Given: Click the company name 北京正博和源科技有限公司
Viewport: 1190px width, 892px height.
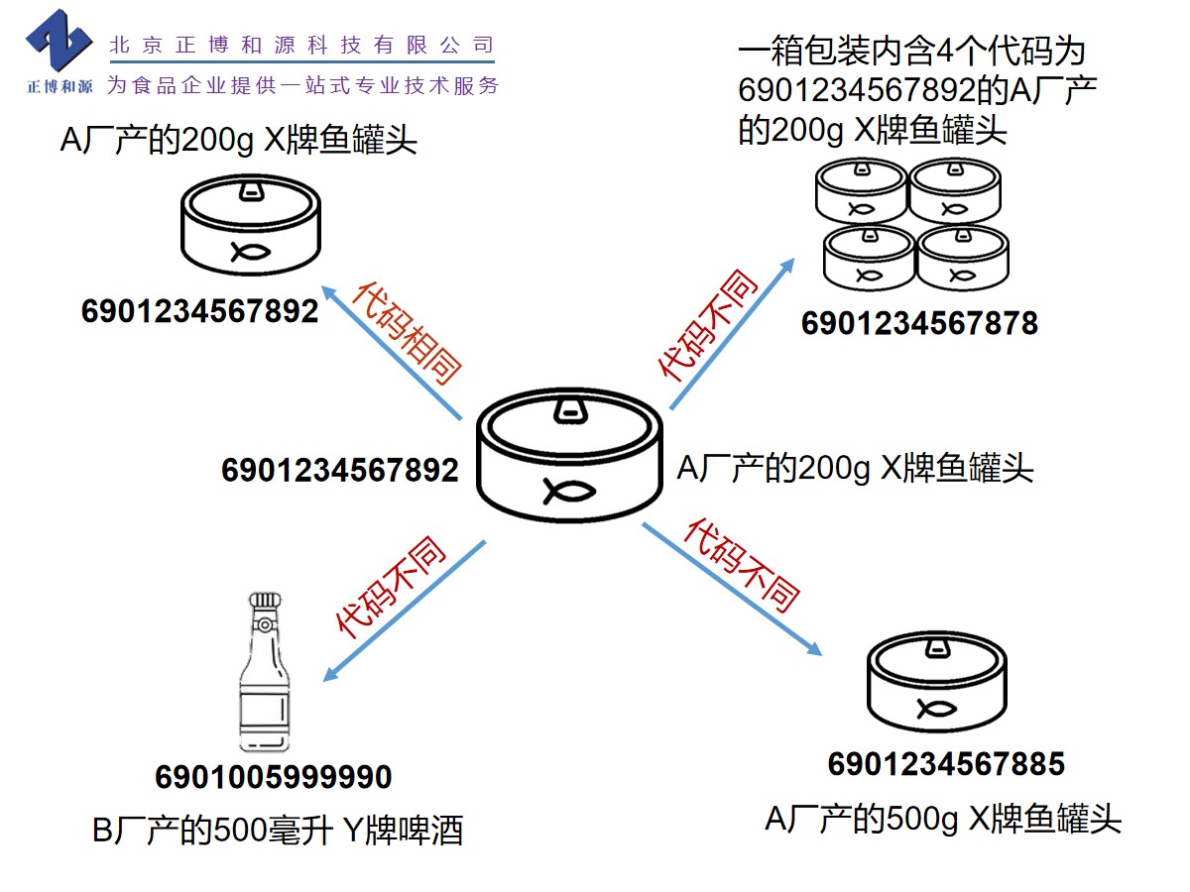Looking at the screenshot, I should point(301,45).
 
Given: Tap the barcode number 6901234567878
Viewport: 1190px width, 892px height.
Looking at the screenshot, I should point(919,323).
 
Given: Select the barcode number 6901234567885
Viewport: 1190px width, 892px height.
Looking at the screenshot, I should point(946,764).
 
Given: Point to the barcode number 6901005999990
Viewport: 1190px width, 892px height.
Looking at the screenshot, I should point(274,777).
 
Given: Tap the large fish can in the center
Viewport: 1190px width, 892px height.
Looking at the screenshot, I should point(568,455).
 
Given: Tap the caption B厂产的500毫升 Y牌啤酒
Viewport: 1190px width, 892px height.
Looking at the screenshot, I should point(278,830).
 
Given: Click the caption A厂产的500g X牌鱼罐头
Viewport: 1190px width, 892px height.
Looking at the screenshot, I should point(943,819).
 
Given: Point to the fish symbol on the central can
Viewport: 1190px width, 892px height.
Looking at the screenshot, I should point(567,490).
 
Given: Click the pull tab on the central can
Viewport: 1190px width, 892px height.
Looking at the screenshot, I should point(568,408).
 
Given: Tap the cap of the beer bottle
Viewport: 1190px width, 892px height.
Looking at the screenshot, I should point(264,602).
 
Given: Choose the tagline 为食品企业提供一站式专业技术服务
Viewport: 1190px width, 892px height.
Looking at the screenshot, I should point(302,85).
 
